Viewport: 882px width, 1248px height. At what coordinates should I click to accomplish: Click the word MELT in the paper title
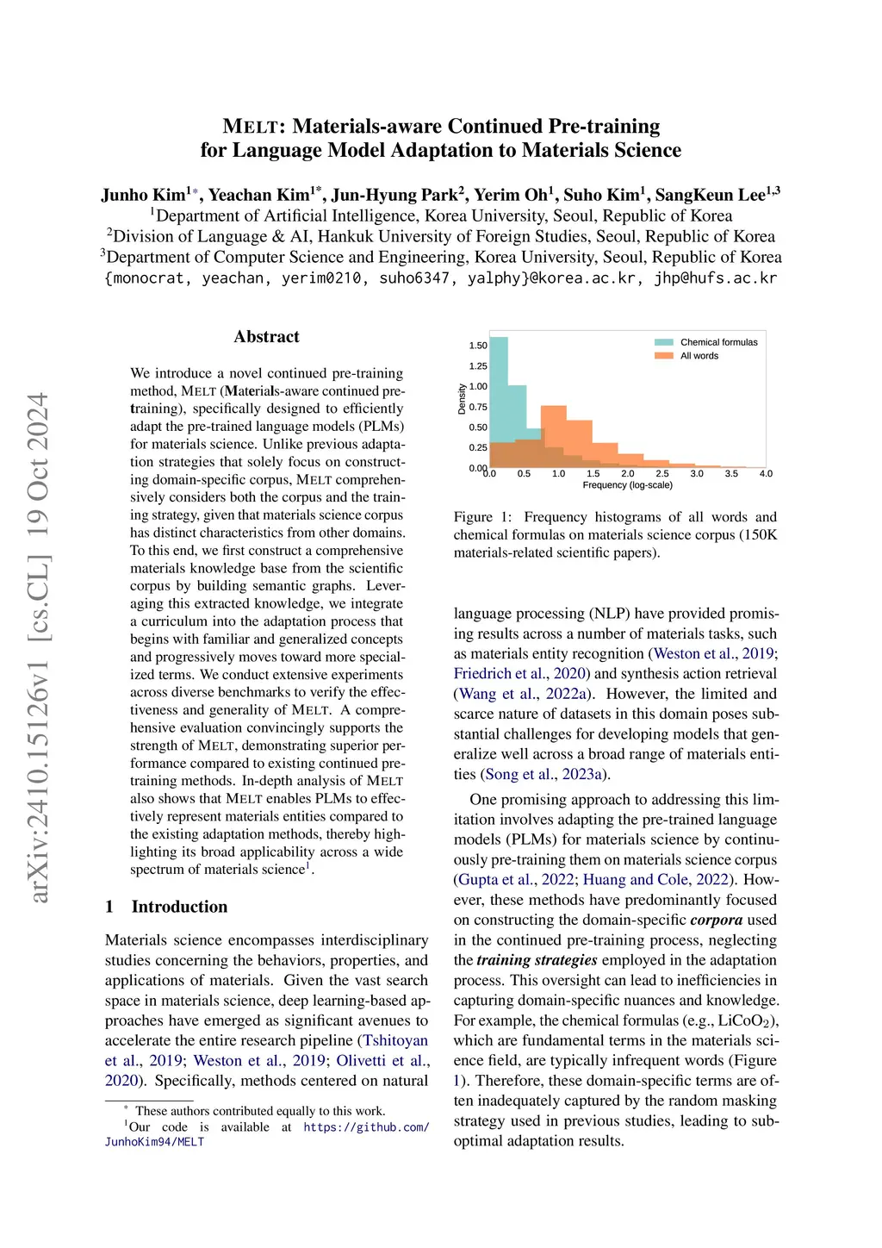251,127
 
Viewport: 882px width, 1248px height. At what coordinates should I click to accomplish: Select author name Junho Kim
143,195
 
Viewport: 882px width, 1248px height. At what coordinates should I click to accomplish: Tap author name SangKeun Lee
710,195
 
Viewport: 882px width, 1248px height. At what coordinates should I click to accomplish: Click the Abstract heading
266,337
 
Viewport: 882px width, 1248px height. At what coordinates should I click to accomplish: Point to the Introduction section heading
179,907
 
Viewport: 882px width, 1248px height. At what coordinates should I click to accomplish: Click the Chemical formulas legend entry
718,342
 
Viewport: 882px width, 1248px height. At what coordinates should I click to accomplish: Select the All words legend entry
699,356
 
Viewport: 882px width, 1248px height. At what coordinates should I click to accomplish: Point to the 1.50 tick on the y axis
478,346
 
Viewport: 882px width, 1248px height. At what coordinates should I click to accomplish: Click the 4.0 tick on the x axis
766,474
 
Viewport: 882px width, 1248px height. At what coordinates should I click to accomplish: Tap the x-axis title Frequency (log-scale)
627,485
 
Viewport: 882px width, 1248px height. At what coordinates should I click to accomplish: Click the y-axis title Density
462,399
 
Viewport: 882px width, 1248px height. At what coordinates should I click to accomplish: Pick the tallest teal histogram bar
498,401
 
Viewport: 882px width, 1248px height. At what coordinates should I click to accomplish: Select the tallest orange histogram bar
553,436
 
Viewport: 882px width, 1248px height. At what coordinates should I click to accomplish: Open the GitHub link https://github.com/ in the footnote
366,1127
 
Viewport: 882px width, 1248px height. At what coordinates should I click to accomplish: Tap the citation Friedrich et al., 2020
522,674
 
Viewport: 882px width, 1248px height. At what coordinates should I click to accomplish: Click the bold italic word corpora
716,920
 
